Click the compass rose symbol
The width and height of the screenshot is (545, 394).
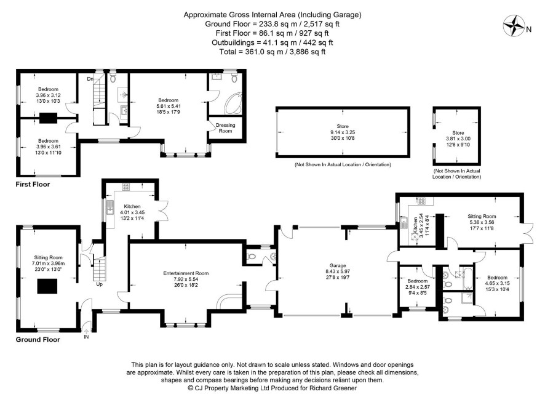pos(514,25)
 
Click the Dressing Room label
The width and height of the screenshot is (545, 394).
pos(225,128)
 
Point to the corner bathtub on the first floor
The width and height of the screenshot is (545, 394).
pos(234,103)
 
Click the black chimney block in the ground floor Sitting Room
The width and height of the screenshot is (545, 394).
pos(47,286)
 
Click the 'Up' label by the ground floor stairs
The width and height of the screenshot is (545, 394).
pos(100,284)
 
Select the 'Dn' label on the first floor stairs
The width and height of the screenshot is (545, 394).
pos(90,79)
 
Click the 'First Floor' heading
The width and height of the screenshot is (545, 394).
pos(33,184)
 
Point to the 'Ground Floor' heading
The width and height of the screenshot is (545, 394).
pos(38,340)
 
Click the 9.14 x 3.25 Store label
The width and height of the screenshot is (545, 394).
pos(343,132)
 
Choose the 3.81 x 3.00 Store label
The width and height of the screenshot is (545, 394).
pos(458,139)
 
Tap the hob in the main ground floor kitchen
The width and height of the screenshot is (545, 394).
pos(126,187)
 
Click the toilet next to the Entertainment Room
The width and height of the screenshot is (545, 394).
pos(251,257)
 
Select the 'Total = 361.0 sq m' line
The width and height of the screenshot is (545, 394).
pos(272,52)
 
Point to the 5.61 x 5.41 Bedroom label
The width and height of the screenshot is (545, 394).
pos(168,106)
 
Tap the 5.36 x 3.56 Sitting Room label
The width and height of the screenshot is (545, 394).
pos(482,222)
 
